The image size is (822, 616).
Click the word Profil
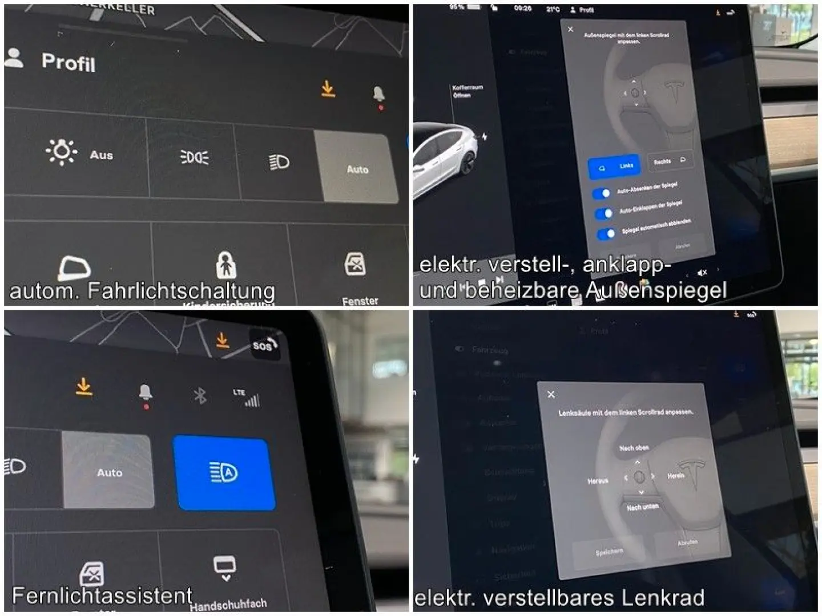pyautogui.click(x=68, y=62)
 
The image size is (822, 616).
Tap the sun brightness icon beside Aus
pyautogui.click(x=61, y=152)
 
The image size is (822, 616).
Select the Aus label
pyautogui.click(x=101, y=155)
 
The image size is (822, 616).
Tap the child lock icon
pyautogui.click(x=226, y=265)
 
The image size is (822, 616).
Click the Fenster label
pyautogui.click(x=360, y=301)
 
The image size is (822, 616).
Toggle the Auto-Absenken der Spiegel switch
pyautogui.click(x=602, y=193)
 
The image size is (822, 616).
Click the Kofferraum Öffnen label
pyautogui.click(x=467, y=91)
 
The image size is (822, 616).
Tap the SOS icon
pyautogui.click(x=264, y=345)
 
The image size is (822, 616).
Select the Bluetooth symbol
pyautogui.click(x=200, y=395)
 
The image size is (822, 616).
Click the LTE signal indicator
pyautogui.click(x=247, y=397)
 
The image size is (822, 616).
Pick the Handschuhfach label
pyautogui.click(x=228, y=604)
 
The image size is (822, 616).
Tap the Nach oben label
pyautogui.click(x=634, y=448)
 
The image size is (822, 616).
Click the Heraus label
pyautogui.click(x=598, y=481)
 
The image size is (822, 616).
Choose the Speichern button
pyautogui.click(x=609, y=552)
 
